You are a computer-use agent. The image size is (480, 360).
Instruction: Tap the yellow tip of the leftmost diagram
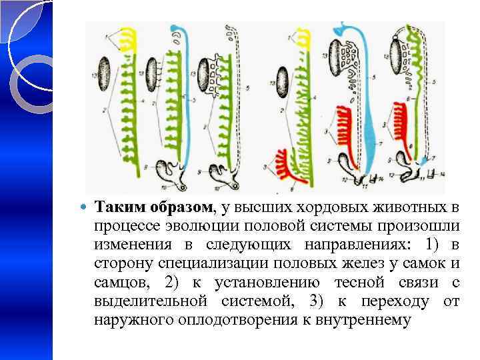pyautogui.click(x=127, y=42)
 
